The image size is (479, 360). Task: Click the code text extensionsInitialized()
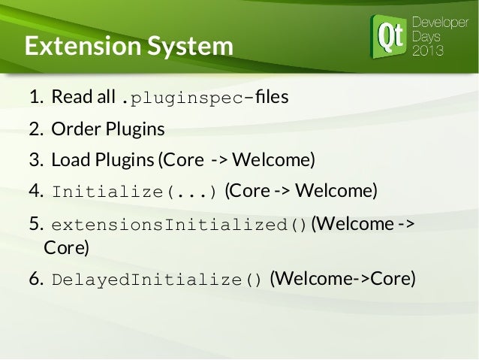[x=179, y=225]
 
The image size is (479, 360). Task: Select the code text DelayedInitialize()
[x=157, y=280]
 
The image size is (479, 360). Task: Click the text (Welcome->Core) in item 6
[x=342, y=280]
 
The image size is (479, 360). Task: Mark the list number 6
[x=34, y=280]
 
